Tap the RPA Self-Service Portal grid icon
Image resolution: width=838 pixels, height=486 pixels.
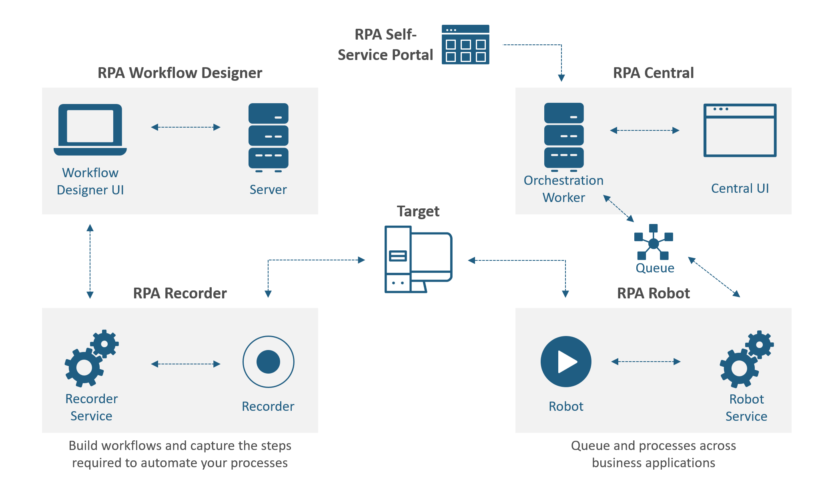[x=465, y=44]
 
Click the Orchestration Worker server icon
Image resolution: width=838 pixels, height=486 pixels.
[x=564, y=136]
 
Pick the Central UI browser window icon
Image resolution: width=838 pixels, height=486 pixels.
[x=740, y=130]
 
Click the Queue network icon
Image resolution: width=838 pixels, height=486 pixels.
[x=654, y=242]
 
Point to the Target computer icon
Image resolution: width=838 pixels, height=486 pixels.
[x=418, y=260]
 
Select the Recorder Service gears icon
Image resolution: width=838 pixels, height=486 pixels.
[x=92, y=358]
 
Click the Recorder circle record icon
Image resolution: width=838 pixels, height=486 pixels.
[x=268, y=362]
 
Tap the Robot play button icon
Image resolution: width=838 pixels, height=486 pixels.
[x=566, y=362]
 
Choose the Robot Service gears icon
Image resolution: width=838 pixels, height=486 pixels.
[x=746, y=359]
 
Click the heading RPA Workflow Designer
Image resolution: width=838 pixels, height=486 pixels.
[x=180, y=73]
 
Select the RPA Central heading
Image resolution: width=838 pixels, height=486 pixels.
[x=653, y=73]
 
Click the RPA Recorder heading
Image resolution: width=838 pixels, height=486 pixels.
[x=180, y=293]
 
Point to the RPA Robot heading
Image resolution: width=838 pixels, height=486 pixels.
[x=653, y=293]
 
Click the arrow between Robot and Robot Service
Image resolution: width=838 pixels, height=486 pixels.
[x=646, y=362]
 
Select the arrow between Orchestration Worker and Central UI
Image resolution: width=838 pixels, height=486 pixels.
[x=645, y=130]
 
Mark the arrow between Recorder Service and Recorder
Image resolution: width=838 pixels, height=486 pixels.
[x=186, y=364]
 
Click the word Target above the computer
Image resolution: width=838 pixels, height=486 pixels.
[x=418, y=211]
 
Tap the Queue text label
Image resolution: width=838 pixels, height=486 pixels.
[x=655, y=268]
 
